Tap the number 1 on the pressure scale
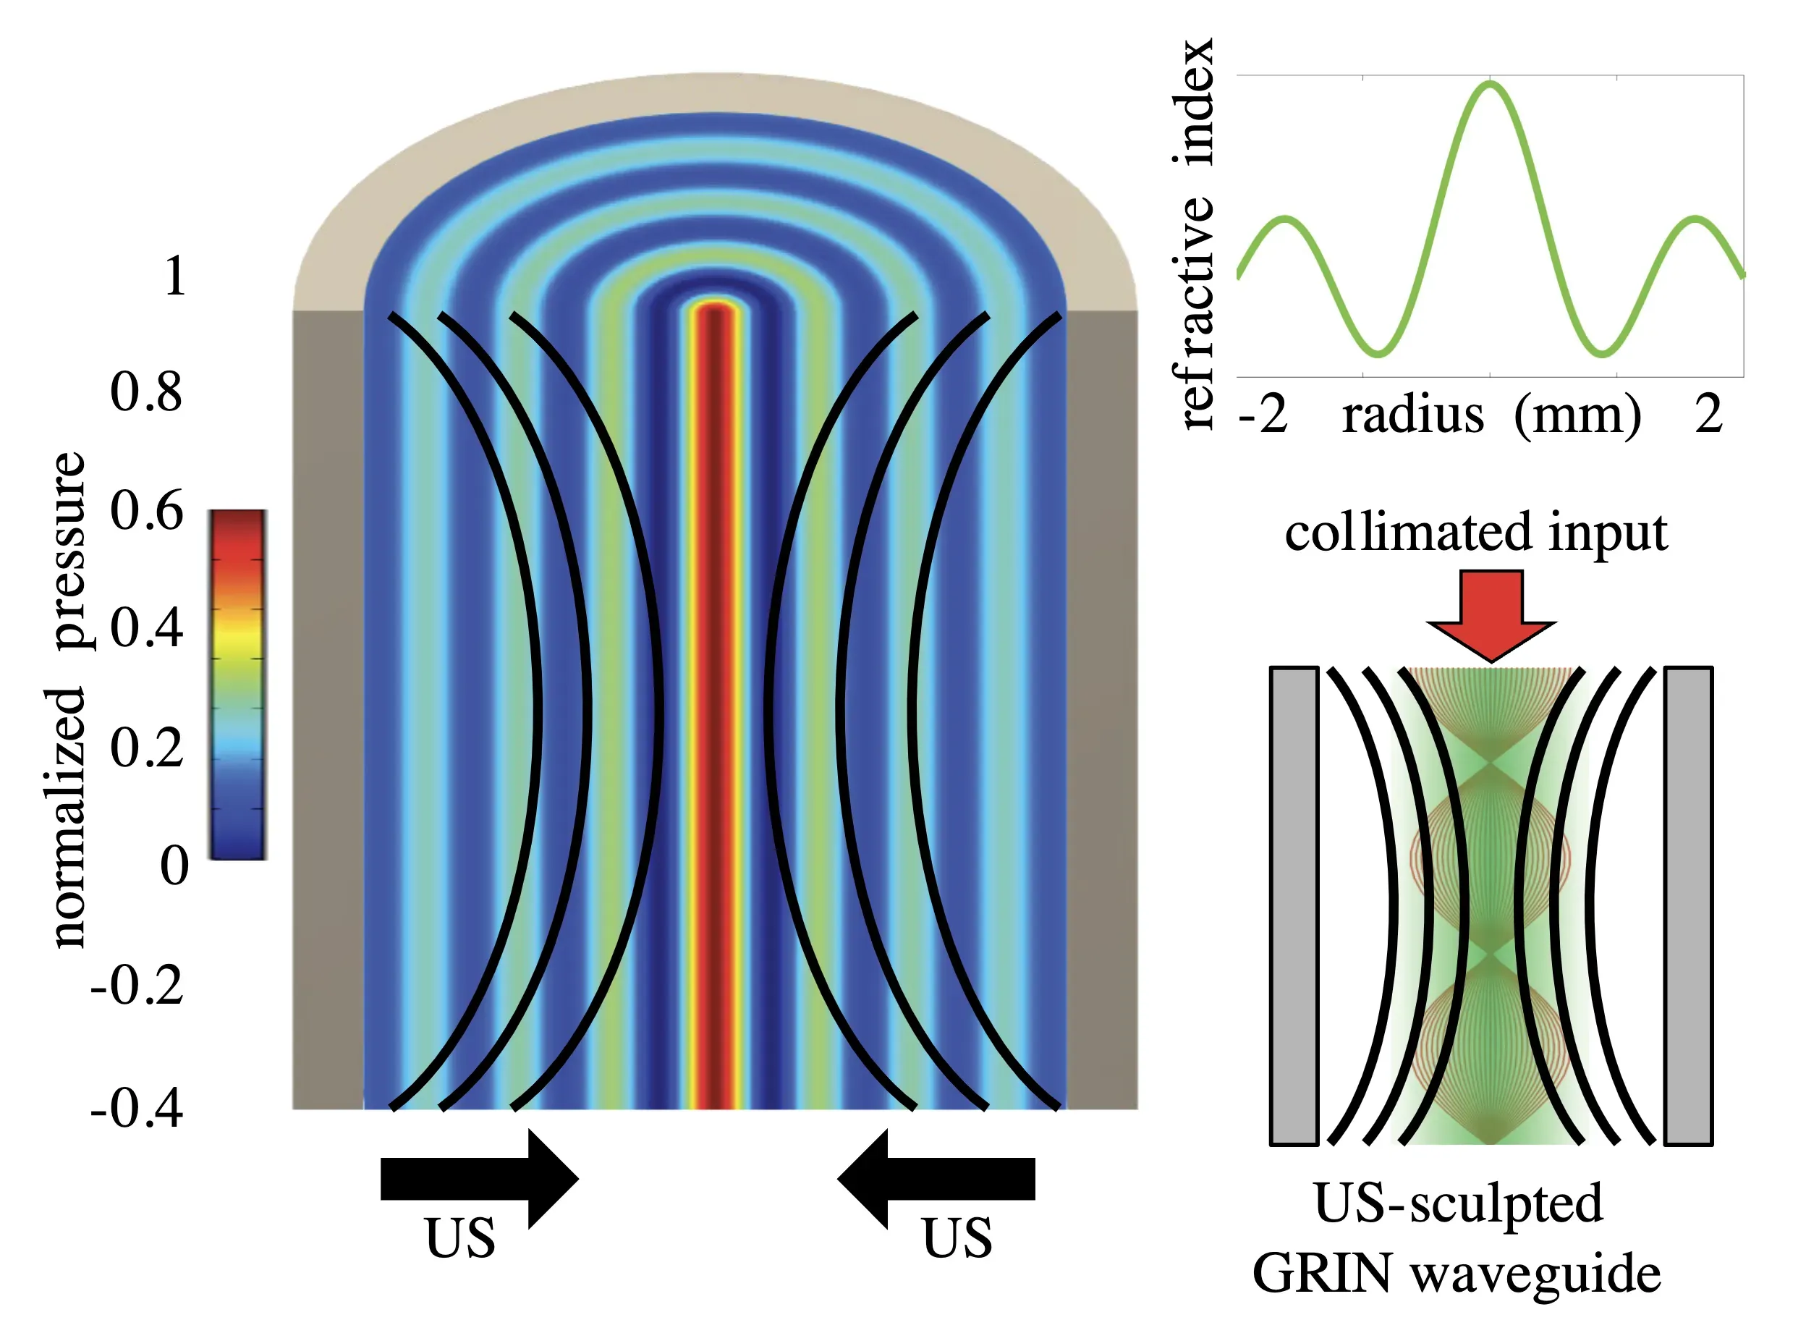(x=175, y=276)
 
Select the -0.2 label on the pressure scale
(x=137, y=985)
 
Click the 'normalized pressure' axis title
(x=69, y=700)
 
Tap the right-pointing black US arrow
(x=480, y=1179)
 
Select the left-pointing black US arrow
(x=936, y=1179)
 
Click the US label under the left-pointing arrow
(x=957, y=1239)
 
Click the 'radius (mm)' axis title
(x=1491, y=415)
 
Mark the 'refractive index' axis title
(x=1194, y=233)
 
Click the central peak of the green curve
(x=1491, y=84)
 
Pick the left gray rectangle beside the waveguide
(x=1294, y=905)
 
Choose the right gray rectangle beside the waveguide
(x=1688, y=905)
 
